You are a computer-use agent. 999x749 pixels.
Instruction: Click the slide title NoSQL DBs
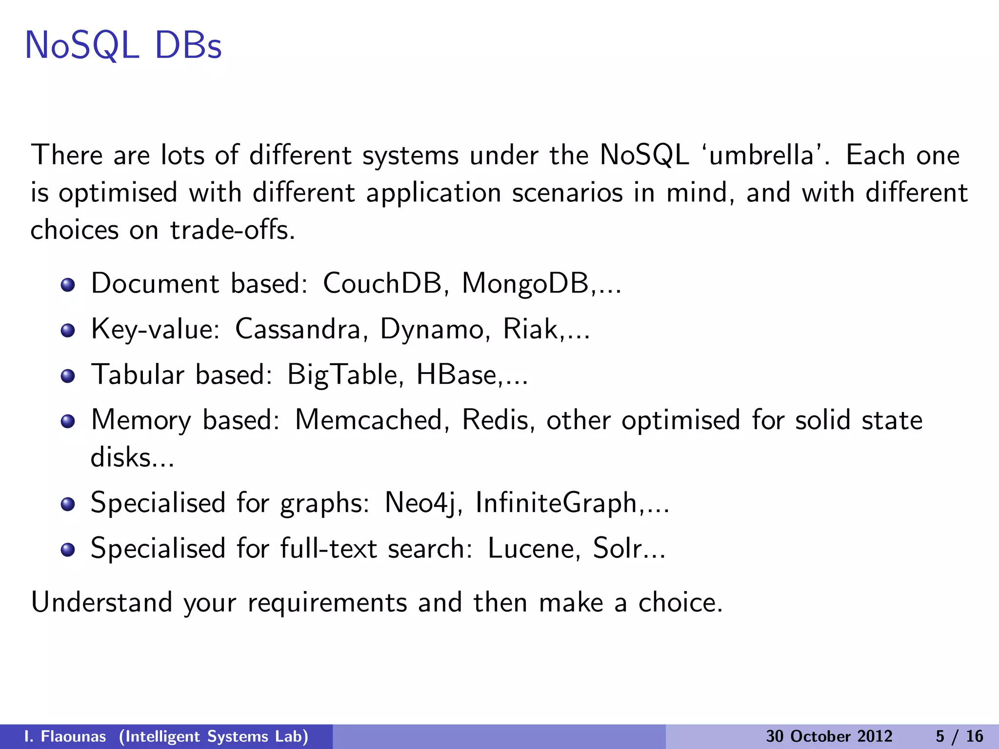pyautogui.click(x=123, y=46)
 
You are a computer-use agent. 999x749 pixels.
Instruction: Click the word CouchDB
pyautogui.click(x=382, y=283)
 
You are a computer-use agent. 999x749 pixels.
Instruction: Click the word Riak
pyautogui.click(x=530, y=329)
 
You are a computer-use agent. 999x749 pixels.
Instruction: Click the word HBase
pyautogui.click(x=456, y=375)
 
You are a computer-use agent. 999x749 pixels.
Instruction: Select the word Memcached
pyautogui.click(x=368, y=420)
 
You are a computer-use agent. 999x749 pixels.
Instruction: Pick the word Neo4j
pyautogui.click(x=421, y=503)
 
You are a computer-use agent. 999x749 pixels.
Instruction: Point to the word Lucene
pyautogui.click(x=533, y=549)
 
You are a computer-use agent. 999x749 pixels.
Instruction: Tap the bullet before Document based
pyautogui.click(x=68, y=285)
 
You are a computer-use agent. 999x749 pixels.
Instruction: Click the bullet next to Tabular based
pyautogui.click(x=68, y=376)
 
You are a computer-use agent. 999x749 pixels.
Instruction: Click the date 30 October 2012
pyautogui.click(x=829, y=736)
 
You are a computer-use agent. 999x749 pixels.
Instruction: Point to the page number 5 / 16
pyautogui.click(x=959, y=736)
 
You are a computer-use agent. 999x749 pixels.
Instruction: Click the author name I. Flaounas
pyautogui.click(x=65, y=736)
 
